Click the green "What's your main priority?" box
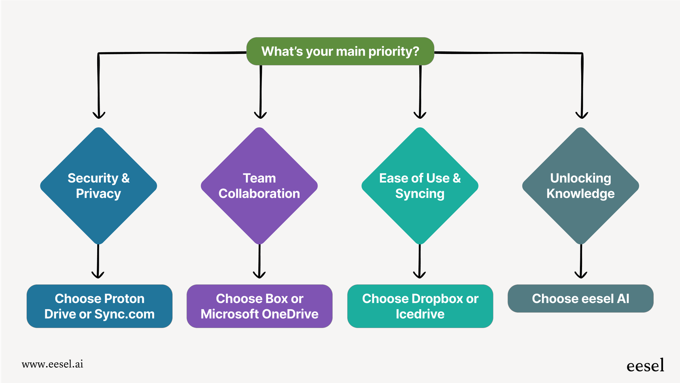(340, 51)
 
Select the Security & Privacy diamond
(98, 186)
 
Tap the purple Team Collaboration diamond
(259, 186)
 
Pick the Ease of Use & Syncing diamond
(420, 186)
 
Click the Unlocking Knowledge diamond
(580, 186)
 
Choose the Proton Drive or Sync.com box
(99, 306)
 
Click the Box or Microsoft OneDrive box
(259, 306)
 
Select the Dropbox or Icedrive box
(420, 306)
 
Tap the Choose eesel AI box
(580, 299)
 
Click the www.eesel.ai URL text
(53, 364)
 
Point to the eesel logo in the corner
(645, 366)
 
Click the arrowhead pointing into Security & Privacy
(99, 115)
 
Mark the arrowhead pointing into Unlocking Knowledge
(582, 115)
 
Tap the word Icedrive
(420, 314)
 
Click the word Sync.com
(125, 314)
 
